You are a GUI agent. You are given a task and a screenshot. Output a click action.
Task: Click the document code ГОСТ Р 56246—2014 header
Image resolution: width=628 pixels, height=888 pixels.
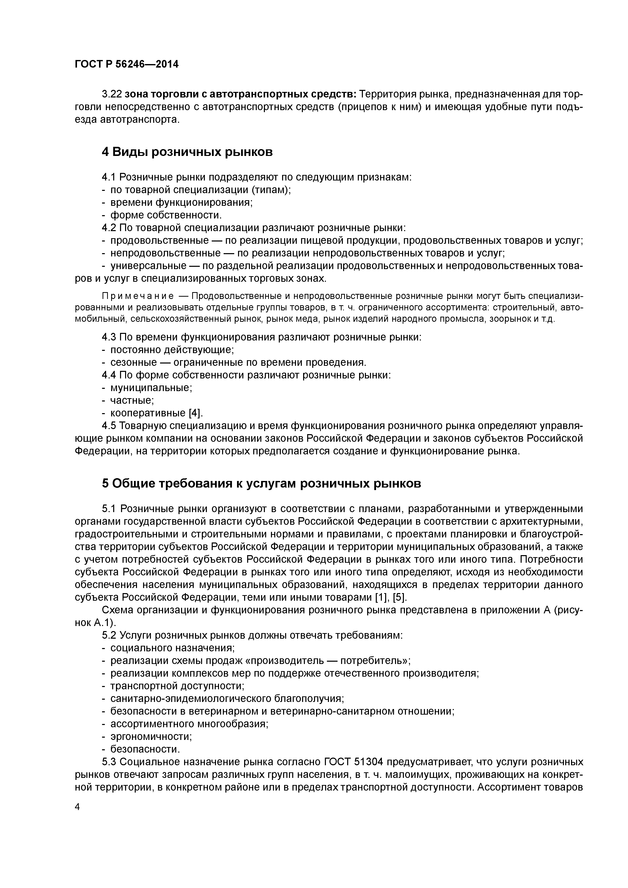127,64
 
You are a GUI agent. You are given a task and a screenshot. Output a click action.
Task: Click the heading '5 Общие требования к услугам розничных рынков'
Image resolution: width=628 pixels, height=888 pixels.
261,483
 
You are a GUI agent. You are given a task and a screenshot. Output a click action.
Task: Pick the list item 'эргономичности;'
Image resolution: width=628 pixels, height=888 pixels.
151,736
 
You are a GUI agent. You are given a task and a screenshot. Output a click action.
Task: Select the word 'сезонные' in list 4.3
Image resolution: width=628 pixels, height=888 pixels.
134,362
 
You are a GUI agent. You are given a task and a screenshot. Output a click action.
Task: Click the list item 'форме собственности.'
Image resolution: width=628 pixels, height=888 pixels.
166,215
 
